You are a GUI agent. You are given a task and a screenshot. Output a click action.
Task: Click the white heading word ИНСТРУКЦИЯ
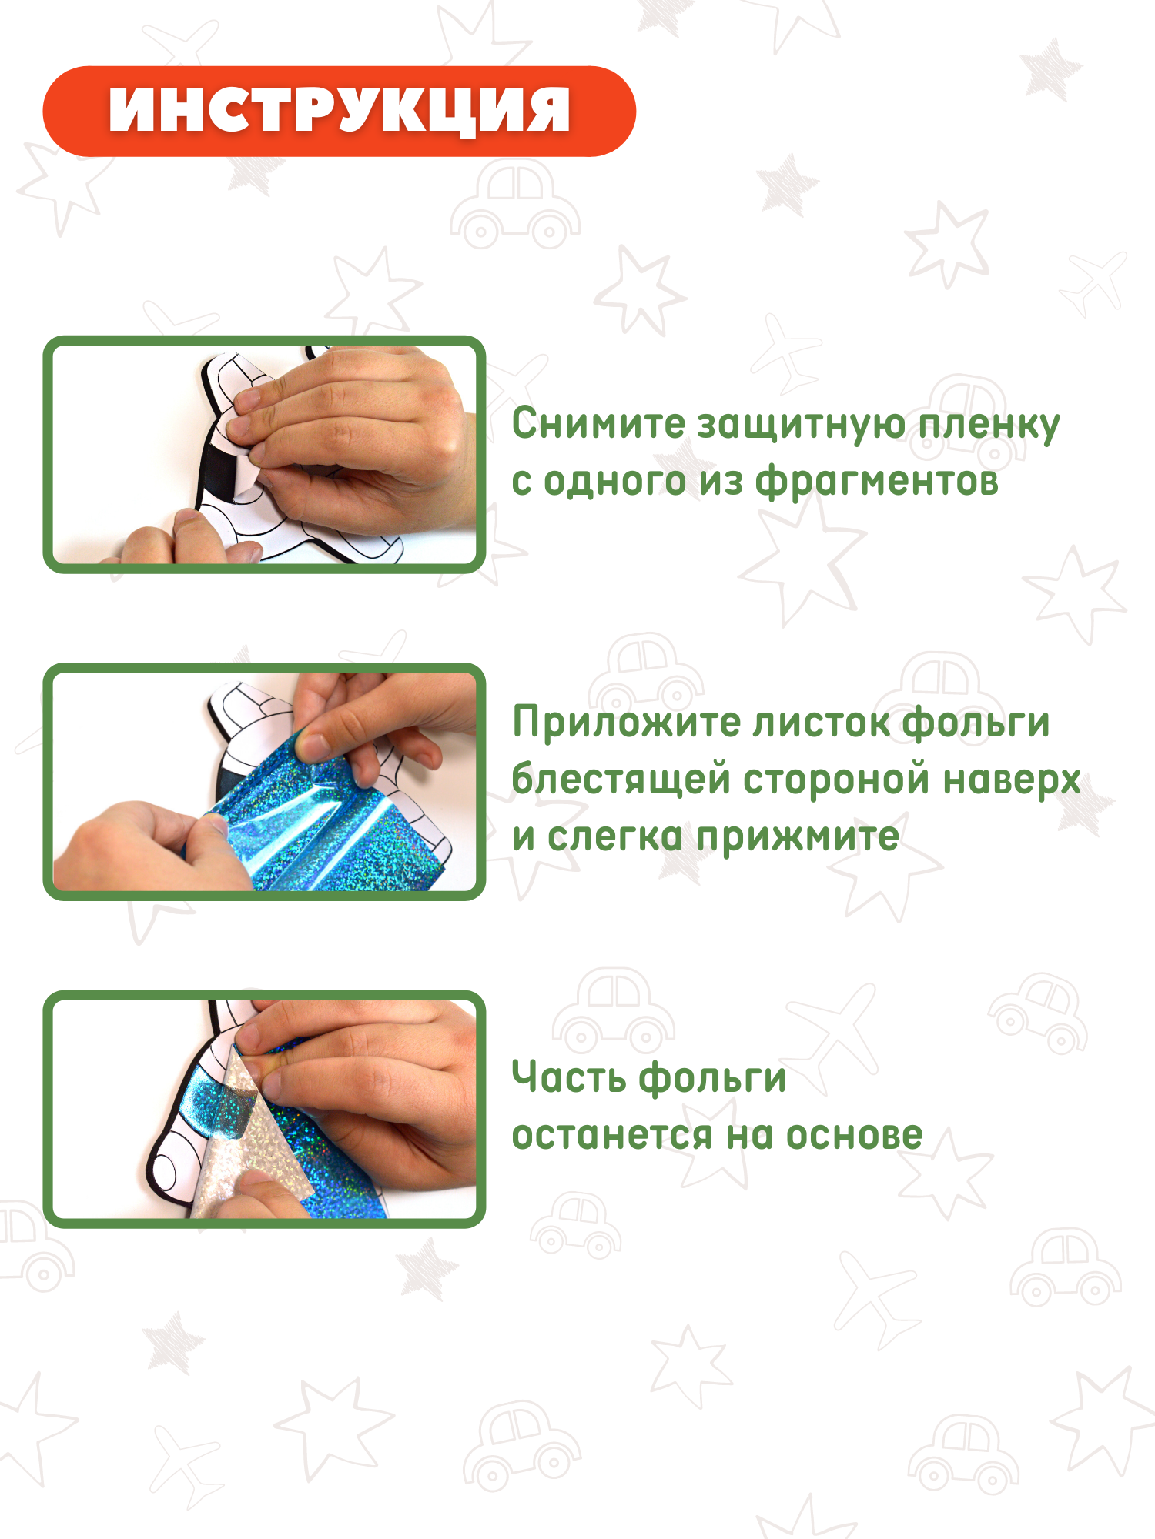tap(340, 110)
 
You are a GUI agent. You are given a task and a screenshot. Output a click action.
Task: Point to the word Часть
tap(569, 1077)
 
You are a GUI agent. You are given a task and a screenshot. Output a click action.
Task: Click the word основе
tap(854, 1135)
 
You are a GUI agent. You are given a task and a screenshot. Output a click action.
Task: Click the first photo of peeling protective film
tap(264, 454)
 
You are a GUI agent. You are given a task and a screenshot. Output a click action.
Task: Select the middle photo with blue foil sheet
tap(264, 781)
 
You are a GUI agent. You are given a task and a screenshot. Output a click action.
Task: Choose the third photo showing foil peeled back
tap(264, 1109)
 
